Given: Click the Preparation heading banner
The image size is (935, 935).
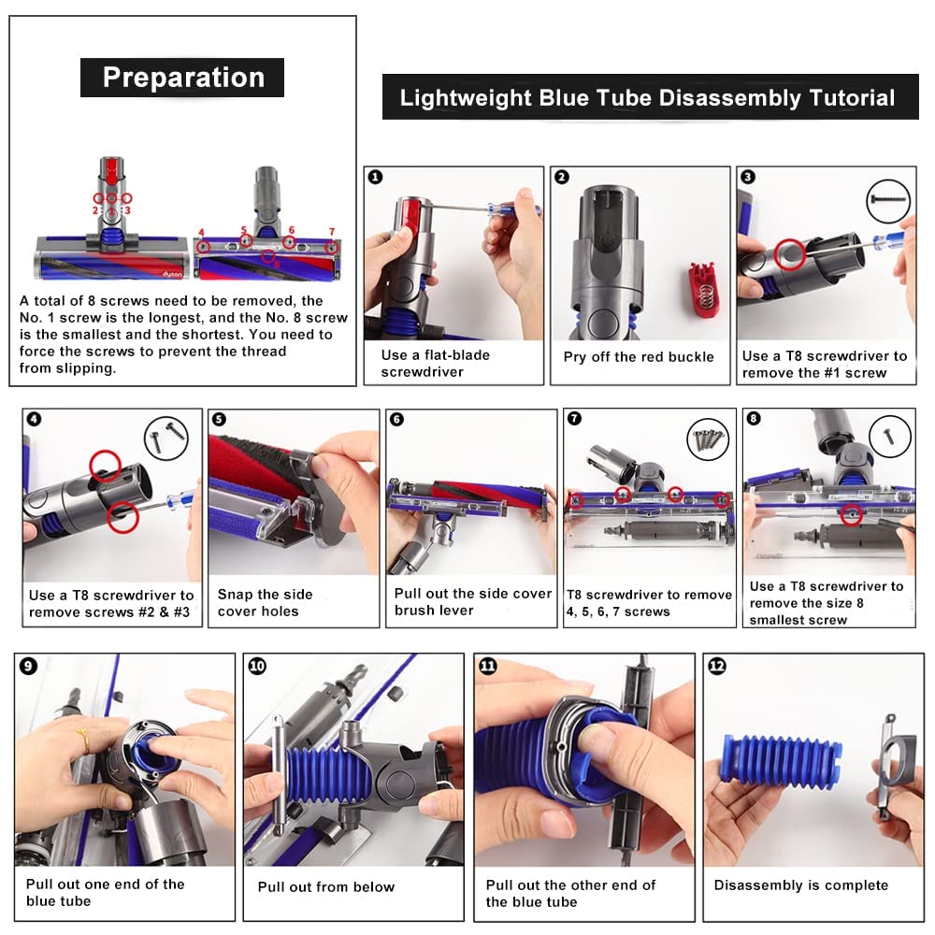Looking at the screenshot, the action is [182, 78].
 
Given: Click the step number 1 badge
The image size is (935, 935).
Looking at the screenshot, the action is [375, 177].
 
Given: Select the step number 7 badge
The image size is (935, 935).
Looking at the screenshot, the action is [574, 418].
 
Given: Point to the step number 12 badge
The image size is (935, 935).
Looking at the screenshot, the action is [716, 666].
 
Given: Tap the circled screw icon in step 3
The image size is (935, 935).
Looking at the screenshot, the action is [888, 201].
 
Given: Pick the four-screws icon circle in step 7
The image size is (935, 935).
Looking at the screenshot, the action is [709, 439].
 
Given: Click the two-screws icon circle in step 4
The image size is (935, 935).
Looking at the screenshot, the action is [166, 439].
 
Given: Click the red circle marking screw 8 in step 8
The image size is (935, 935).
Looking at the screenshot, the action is [851, 513].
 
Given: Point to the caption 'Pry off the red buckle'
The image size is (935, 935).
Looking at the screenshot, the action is [639, 356].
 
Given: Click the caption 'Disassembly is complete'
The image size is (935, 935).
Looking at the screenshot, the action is [801, 885].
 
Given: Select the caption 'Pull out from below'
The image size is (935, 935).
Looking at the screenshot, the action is [326, 886].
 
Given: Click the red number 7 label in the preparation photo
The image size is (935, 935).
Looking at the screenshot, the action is [332, 231].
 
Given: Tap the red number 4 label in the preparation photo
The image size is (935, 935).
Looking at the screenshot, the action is [201, 233].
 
